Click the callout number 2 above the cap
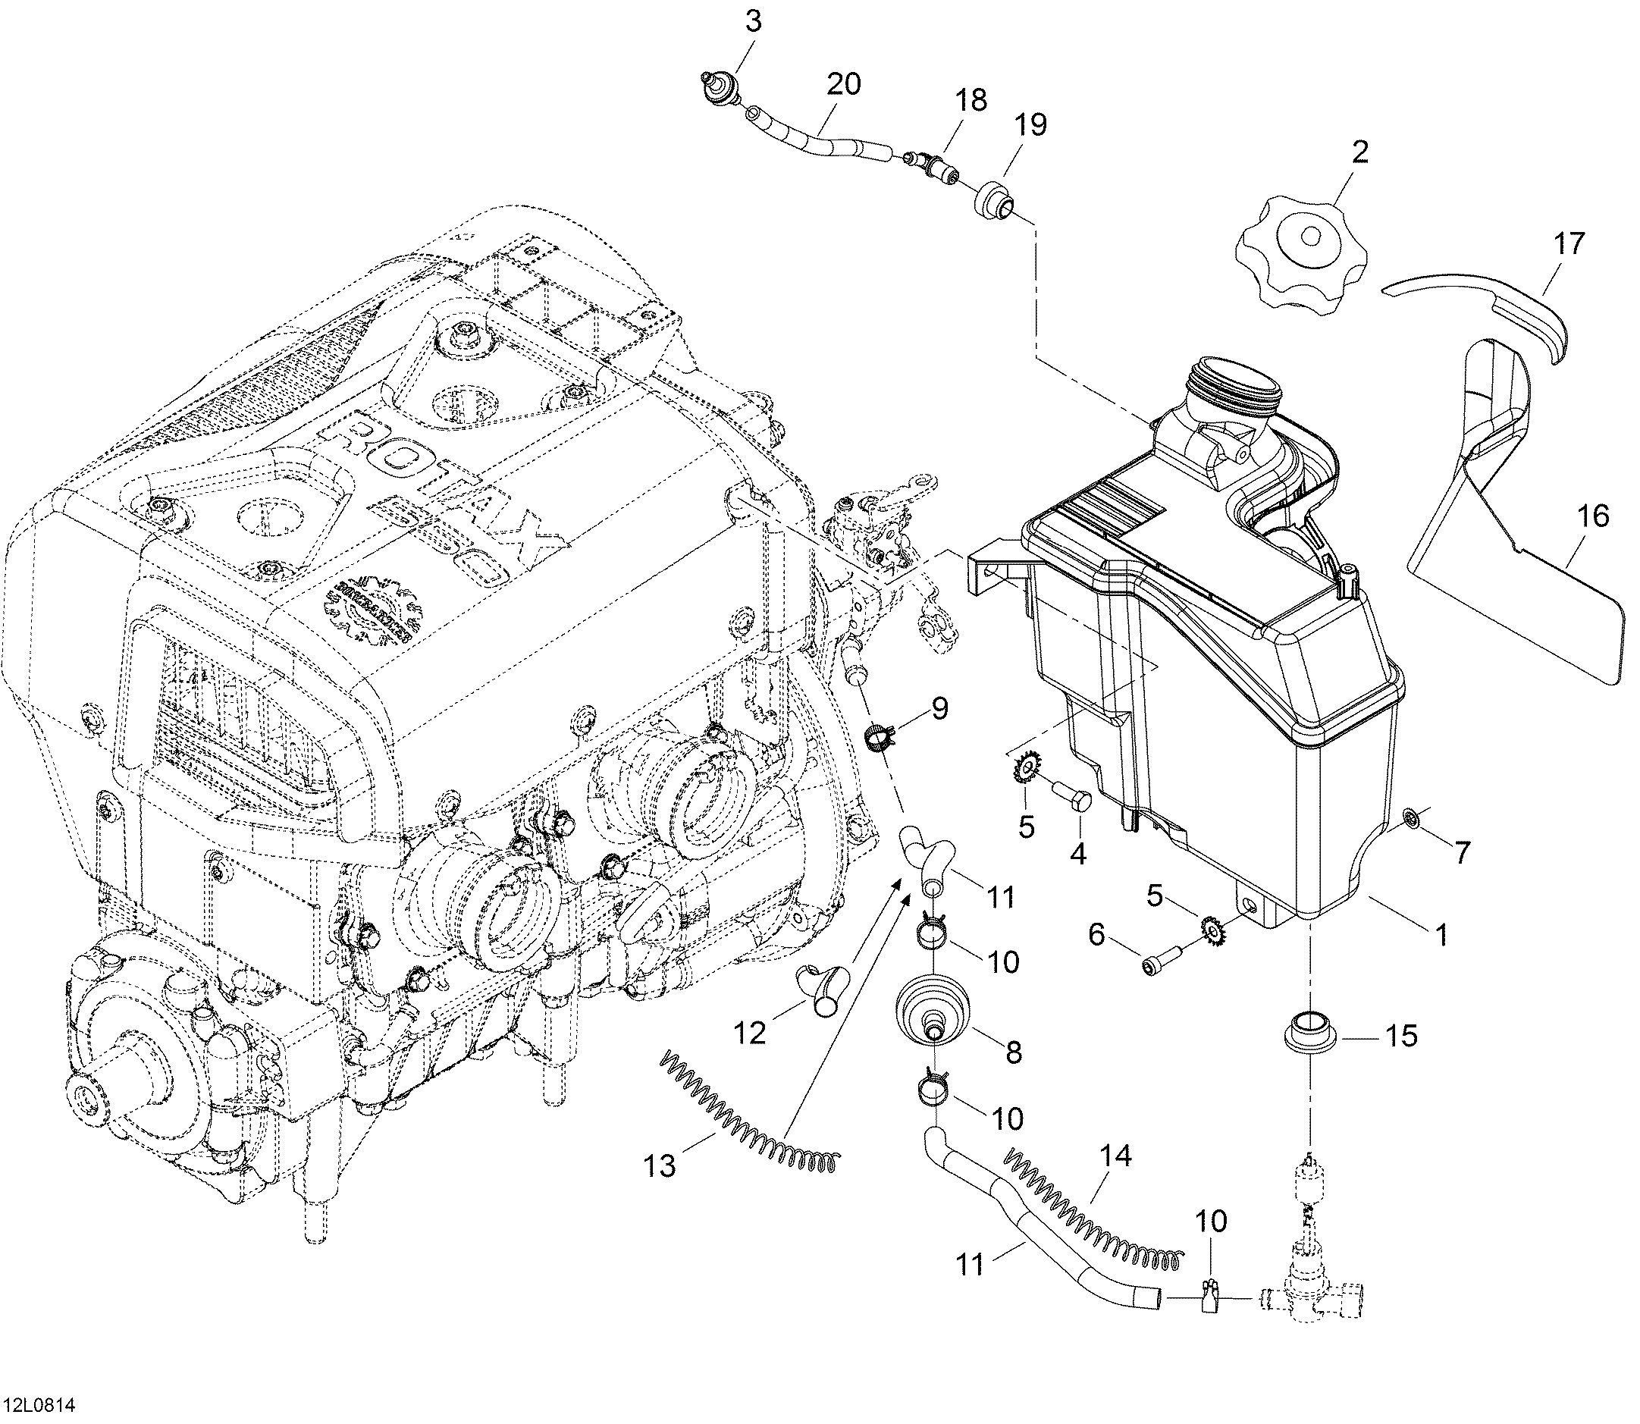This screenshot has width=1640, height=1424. (1360, 151)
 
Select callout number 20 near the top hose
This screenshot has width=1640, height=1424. (843, 83)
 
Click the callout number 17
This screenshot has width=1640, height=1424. (1569, 243)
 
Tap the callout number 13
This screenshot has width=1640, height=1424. (660, 1165)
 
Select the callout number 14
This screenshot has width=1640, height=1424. (1115, 1156)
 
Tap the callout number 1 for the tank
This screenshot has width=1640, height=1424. (1440, 934)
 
